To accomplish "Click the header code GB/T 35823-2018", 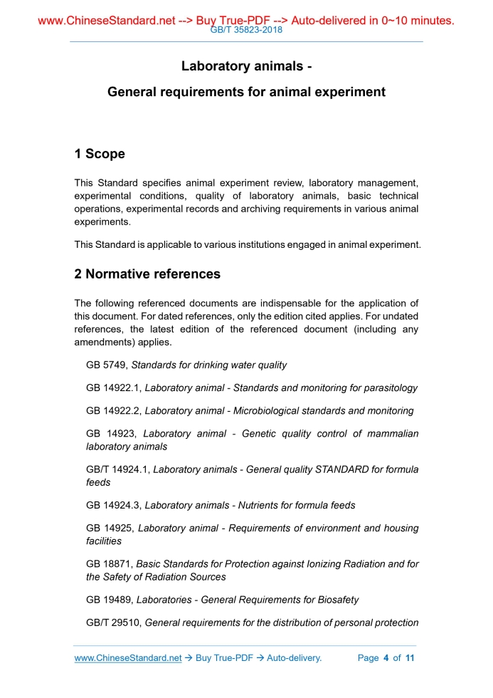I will coord(246,31).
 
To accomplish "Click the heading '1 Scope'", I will coord(100,154).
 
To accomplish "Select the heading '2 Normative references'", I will coord(147,274).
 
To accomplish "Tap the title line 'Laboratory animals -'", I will coord(246,66).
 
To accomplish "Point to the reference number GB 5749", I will coord(107,365).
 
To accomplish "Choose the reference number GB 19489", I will coord(110,600).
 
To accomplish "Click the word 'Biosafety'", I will coord(336,600).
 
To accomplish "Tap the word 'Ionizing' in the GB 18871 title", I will coord(305,564).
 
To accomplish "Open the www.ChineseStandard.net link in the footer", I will coord(128,658).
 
